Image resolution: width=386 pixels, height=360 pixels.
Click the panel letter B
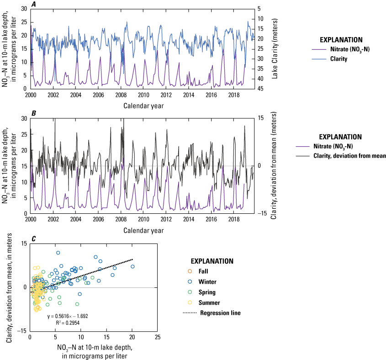click(33, 113)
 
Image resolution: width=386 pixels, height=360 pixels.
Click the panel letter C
click(32, 237)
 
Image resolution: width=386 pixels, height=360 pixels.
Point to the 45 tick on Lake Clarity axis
click(274, 89)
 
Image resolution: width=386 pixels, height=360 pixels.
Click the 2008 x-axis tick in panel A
click(121, 94)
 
